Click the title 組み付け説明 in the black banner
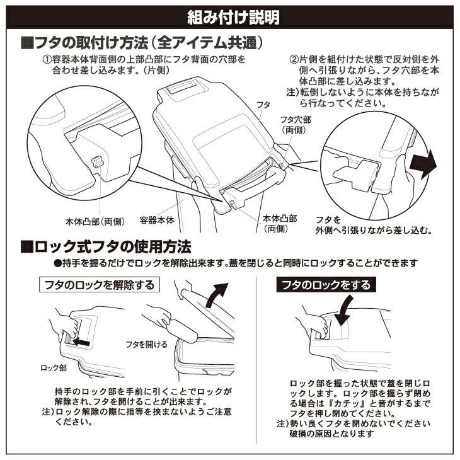tap(233, 17)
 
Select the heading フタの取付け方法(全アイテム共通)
tap(142, 43)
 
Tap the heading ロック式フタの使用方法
tap(106, 247)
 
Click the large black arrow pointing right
tap(423, 164)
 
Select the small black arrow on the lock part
tap(81, 342)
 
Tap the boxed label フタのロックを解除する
tap(100, 285)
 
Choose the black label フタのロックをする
tap(326, 285)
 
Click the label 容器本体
tap(157, 220)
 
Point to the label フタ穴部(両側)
tap(295, 125)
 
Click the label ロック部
tap(54, 368)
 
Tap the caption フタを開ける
tap(146, 344)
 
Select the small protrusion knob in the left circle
tap(98, 161)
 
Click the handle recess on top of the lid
tap(181, 87)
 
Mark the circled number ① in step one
tap(47, 60)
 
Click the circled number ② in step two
tap(294, 60)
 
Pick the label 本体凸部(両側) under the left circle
tap(95, 221)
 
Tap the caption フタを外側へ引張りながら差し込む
tap(374, 226)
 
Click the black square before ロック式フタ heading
tap(26, 247)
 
